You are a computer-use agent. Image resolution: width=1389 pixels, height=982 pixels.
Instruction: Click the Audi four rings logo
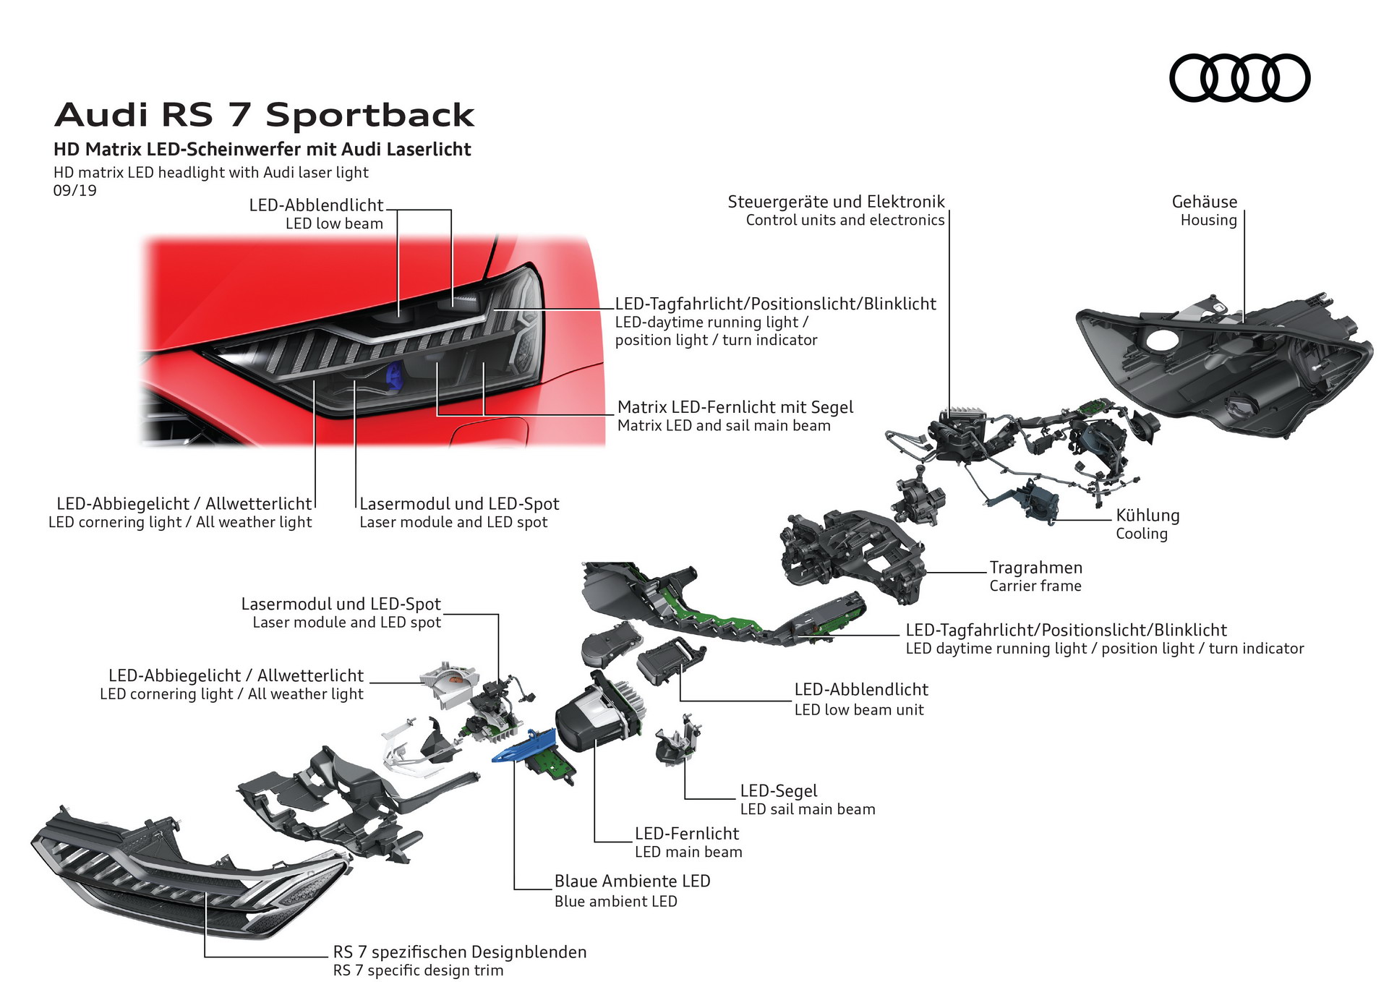click(x=1239, y=78)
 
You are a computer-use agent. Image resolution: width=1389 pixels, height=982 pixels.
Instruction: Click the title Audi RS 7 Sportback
click(x=265, y=115)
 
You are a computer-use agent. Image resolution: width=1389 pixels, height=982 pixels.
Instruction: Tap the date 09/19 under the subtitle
click(x=74, y=191)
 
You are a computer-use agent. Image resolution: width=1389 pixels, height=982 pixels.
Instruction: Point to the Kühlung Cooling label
click(x=1147, y=524)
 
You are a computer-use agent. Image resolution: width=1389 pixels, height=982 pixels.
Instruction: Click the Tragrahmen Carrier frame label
click(x=1035, y=576)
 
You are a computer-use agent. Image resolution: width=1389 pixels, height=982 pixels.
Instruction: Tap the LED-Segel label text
click(x=778, y=791)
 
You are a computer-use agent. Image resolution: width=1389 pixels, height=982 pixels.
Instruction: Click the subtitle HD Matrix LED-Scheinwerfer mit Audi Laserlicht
click(x=262, y=150)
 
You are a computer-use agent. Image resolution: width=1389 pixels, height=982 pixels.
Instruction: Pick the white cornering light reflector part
click(x=448, y=680)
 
